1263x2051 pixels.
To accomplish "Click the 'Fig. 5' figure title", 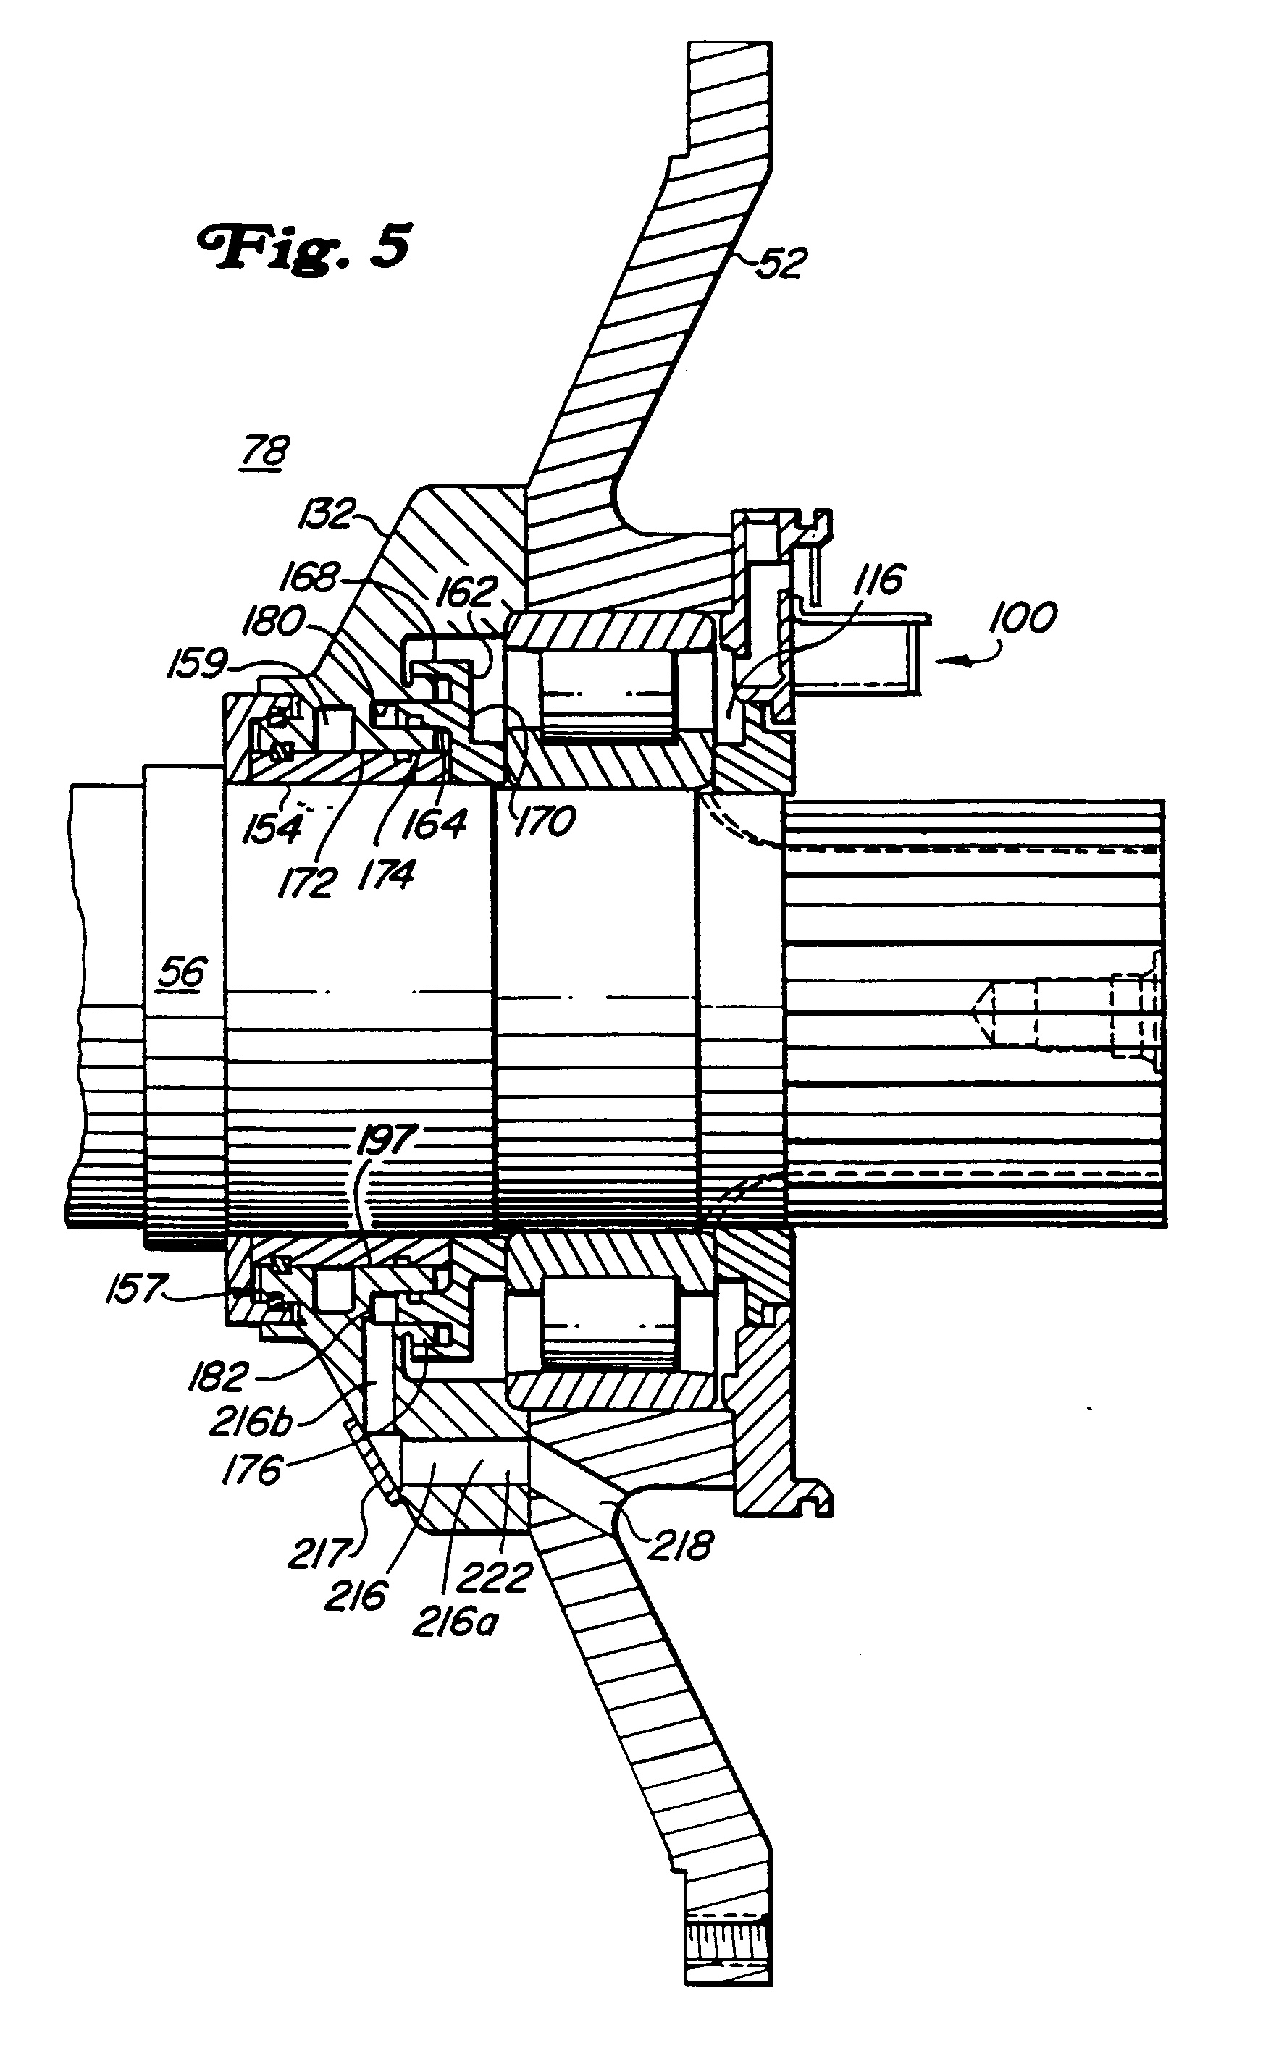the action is [x=304, y=245].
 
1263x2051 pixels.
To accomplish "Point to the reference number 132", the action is [x=327, y=515].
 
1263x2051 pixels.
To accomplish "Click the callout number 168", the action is [x=311, y=576].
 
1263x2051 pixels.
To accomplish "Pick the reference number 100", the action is [x=1023, y=618].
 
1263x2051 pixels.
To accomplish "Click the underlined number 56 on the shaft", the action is [x=182, y=973].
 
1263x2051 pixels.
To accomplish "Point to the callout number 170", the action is [x=545, y=822].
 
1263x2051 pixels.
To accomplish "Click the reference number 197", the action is [x=386, y=1141].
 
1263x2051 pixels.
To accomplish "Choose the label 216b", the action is [x=251, y=1422].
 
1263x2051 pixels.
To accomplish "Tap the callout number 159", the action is [x=197, y=665].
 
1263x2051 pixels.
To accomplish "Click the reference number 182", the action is [x=219, y=1376].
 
